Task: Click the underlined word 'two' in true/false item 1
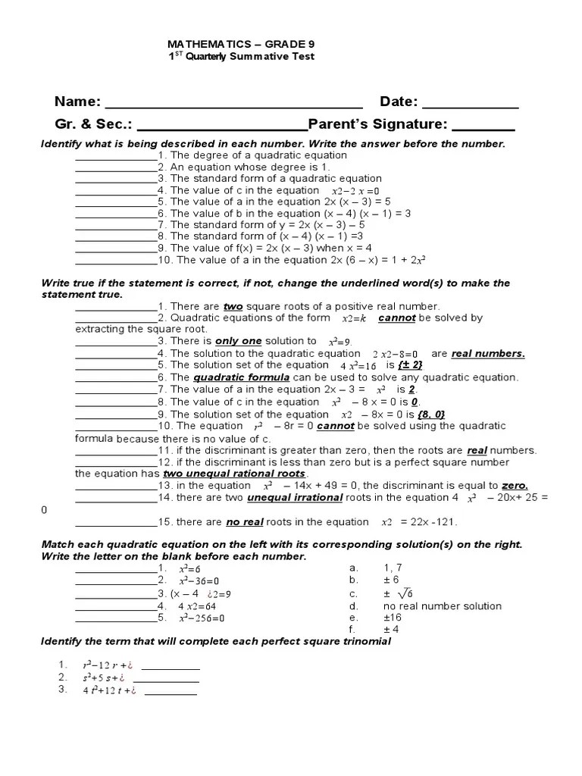[x=232, y=306]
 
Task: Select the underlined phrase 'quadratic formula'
[x=242, y=377]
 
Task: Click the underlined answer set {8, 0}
[x=430, y=415]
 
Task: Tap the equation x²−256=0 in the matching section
[x=202, y=618]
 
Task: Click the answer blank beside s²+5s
[x=171, y=677]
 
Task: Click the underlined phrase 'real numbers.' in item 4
[x=488, y=353]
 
